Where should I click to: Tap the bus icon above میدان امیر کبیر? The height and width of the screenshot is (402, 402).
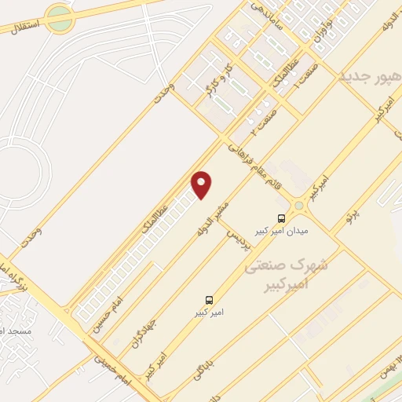(x=282, y=218)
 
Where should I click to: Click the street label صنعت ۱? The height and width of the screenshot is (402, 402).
(x=298, y=75)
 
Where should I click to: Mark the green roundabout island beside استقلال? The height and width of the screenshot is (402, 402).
(x=60, y=19)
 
